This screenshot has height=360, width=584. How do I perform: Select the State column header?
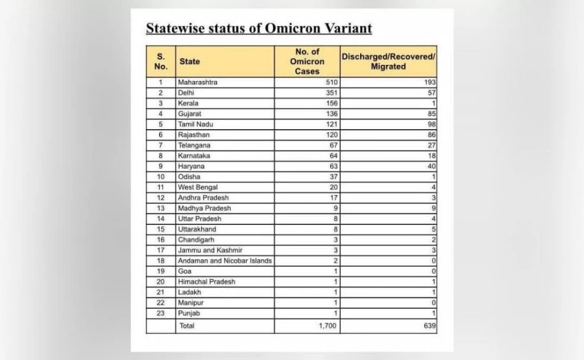pyautogui.click(x=189, y=62)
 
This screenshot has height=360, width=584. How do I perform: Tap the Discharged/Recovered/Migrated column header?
pyautogui.click(x=388, y=62)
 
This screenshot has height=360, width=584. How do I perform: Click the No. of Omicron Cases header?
pyautogui.click(x=307, y=62)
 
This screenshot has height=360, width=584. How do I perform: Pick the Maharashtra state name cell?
pyautogui.click(x=197, y=83)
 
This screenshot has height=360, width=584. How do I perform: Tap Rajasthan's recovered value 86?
pyautogui.click(x=431, y=134)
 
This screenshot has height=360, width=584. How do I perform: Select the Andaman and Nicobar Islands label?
pyautogui.click(x=225, y=261)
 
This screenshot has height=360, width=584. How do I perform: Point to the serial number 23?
pyautogui.click(x=160, y=313)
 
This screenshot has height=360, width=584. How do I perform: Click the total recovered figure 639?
pyautogui.click(x=429, y=326)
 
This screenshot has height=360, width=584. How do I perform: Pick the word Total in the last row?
pyautogui.click(x=186, y=326)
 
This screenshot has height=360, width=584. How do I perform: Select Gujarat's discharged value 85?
pyautogui.click(x=431, y=114)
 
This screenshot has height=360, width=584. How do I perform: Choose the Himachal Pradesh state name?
pyautogui.click(x=206, y=282)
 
